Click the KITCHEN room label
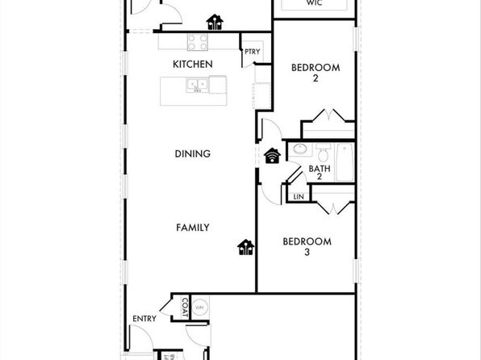(192, 64)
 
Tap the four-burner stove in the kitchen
(199, 43)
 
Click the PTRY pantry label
(252, 55)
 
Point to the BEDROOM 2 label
(315, 73)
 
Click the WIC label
(316, 3)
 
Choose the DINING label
(192, 153)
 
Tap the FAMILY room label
(193, 228)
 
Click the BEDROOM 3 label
(307, 246)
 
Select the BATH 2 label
(320, 173)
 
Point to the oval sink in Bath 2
(300, 149)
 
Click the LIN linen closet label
(299, 196)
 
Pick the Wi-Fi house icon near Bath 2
(272, 156)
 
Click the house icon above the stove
(215, 22)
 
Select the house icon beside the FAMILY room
(245, 248)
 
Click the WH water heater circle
(199, 307)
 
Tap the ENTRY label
(144, 319)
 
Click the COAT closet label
(185, 307)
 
